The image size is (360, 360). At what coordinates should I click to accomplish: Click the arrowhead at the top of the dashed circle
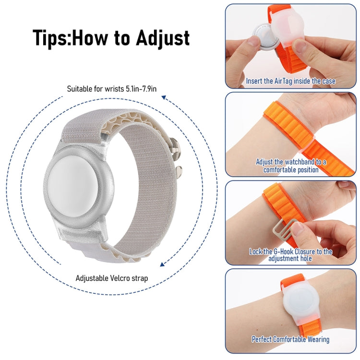point(164,97)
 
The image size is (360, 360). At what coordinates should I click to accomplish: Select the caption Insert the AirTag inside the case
point(290,81)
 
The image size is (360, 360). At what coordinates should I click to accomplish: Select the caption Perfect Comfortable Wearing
point(290,339)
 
